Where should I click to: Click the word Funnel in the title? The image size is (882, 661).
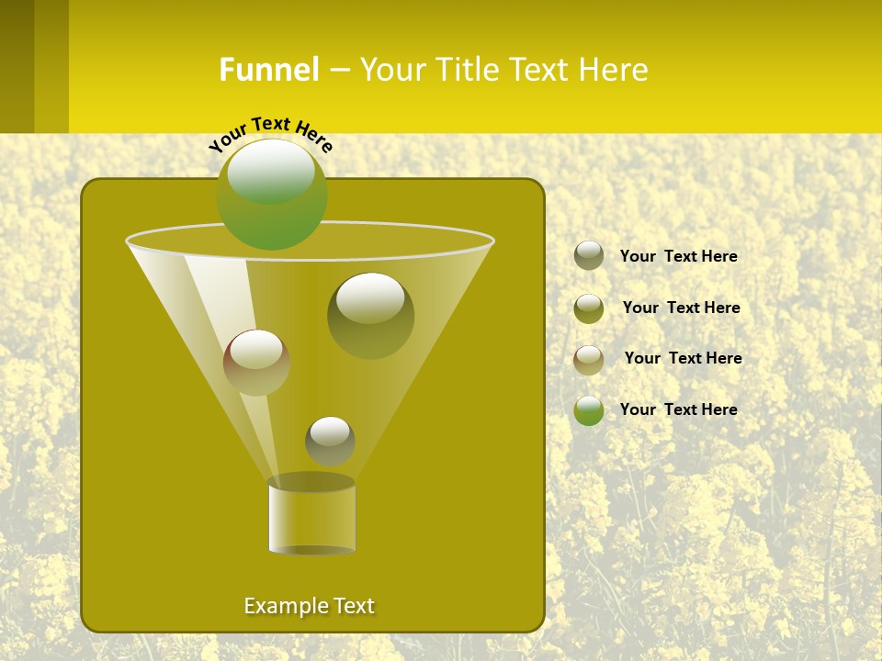click(269, 70)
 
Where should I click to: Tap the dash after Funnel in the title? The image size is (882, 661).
click(338, 71)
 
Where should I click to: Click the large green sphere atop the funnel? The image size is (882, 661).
click(272, 194)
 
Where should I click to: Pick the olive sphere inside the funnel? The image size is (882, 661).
click(370, 315)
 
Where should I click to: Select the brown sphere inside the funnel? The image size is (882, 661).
click(256, 363)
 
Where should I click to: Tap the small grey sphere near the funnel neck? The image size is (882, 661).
click(330, 441)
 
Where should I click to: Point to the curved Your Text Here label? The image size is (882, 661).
click(271, 133)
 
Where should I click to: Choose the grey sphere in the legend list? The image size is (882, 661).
click(589, 255)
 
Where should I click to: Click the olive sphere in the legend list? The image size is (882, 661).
click(589, 308)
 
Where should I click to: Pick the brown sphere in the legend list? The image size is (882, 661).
click(589, 359)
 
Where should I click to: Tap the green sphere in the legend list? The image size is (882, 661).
click(589, 410)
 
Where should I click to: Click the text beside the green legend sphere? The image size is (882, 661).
click(678, 409)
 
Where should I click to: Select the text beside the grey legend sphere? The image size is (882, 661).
click(678, 256)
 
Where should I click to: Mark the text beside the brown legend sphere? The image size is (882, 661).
click(683, 358)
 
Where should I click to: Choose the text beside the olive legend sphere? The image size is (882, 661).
click(681, 308)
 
